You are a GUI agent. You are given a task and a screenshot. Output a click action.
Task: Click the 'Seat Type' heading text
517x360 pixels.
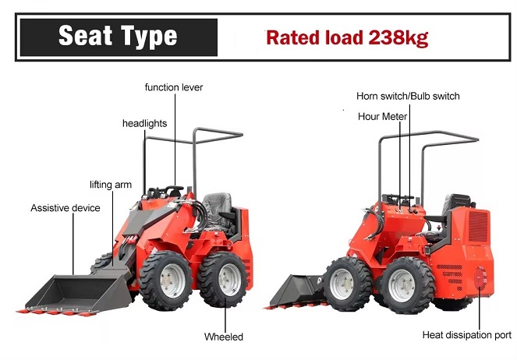tap(118, 36)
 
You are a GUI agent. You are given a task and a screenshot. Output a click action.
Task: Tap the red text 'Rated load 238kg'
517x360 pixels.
tap(347, 37)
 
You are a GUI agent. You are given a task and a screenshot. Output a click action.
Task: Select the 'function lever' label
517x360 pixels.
tap(174, 87)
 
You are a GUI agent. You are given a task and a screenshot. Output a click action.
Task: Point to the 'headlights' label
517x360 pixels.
tap(145, 124)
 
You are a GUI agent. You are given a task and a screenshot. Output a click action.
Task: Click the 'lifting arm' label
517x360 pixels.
tap(111, 185)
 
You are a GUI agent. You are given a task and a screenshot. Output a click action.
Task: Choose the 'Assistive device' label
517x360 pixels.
tap(66, 208)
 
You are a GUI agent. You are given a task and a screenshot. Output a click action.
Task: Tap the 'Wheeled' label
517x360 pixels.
tap(224, 337)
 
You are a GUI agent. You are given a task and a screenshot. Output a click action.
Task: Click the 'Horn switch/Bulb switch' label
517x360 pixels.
tap(408, 96)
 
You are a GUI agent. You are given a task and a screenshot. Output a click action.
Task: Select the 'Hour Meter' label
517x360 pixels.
tap(382, 117)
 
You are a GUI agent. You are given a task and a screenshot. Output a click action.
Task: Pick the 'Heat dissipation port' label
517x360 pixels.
tap(467, 335)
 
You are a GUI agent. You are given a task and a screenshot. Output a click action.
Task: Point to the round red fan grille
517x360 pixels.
tap(480, 278)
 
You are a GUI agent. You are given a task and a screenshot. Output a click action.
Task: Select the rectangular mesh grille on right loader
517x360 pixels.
tap(478, 227)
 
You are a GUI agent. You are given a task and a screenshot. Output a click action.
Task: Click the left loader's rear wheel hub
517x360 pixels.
tap(229, 280)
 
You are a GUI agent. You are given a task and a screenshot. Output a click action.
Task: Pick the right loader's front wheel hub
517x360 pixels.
tap(342, 284)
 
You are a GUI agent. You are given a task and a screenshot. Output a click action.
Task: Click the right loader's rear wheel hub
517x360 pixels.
tap(402, 285)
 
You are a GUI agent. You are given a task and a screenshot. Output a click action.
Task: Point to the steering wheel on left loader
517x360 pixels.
tap(174, 189)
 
